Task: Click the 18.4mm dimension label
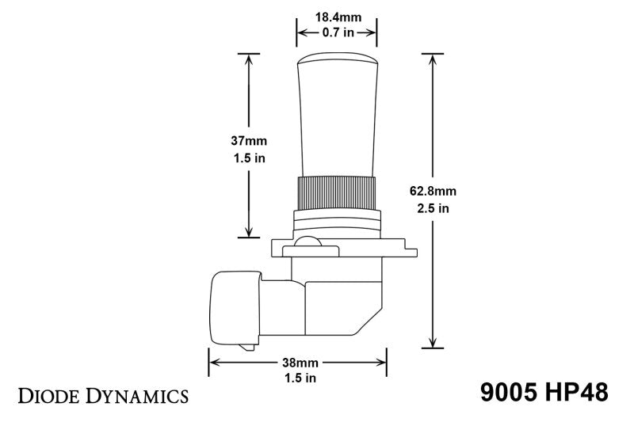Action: coord(336,15)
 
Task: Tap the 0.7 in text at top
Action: coord(336,32)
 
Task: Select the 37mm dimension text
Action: coord(249,140)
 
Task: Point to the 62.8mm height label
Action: coord(433,192)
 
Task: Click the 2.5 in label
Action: coord(433,209)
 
